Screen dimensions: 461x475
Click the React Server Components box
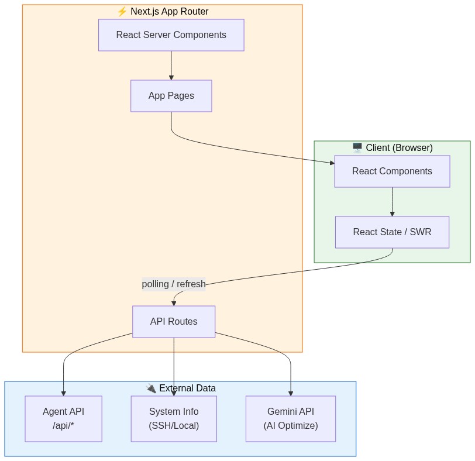171,35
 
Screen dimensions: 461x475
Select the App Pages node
171,96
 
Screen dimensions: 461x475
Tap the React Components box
392,171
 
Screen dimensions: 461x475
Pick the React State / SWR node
392,232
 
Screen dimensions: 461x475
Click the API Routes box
174,322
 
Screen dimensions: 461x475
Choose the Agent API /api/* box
63,419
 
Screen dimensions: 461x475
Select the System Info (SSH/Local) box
174,419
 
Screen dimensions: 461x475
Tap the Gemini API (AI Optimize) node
291,419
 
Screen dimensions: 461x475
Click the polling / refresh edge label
174,284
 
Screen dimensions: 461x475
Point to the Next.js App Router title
169,12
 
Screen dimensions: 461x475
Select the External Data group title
187,388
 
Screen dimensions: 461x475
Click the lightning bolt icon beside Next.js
122,12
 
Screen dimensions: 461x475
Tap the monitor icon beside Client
357,147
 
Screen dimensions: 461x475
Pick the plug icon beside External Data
151,388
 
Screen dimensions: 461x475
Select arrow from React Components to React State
392,202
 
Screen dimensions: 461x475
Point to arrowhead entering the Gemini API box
291,393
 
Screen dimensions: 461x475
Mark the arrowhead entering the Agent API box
63,393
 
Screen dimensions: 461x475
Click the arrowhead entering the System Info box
174,393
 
